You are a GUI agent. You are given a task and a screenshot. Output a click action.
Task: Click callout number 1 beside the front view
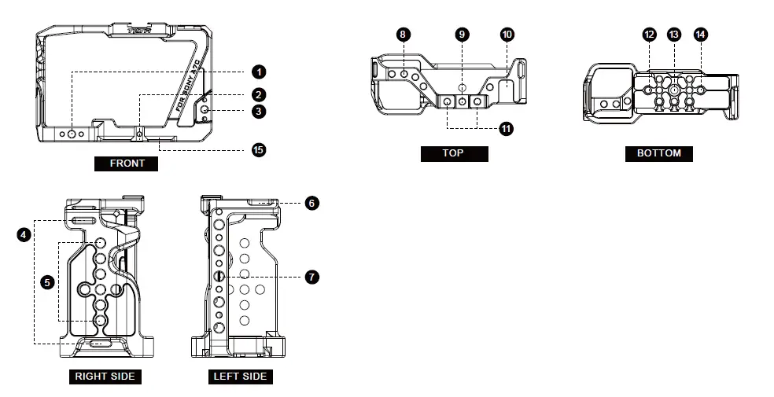point(259,72)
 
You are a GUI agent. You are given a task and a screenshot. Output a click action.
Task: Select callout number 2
point(259,94)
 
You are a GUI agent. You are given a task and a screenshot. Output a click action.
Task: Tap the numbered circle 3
point(259,112)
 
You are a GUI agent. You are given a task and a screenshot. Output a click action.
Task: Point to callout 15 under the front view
point(257,149)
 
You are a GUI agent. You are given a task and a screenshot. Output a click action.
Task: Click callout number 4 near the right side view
point(24,234)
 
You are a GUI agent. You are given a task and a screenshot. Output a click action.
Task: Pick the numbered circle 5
point(47,281)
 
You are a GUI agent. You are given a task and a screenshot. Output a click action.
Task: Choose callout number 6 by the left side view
point(312,203)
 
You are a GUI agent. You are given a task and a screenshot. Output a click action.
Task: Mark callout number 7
point(312,277)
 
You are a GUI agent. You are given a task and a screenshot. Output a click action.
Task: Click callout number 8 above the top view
point(404,35)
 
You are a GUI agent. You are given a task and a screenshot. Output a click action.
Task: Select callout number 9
point(463,35)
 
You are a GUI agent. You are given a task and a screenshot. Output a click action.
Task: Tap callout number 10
point(507,35)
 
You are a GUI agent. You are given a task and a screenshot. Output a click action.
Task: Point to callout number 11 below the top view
point(505,127)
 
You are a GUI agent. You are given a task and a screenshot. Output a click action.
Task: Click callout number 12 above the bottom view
point(649,35)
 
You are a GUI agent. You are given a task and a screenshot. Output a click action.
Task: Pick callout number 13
point(674,35)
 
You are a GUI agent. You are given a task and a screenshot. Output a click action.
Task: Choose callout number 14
point(700,35)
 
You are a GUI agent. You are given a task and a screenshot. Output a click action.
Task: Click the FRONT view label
point(127,164)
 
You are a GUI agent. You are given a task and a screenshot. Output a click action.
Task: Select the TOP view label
point(454,153)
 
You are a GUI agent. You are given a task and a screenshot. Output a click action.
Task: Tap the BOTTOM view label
point(658,153)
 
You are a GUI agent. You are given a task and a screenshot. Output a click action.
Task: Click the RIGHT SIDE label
point(105,377)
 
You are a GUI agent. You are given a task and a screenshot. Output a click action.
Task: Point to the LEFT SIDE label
point(240,377)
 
